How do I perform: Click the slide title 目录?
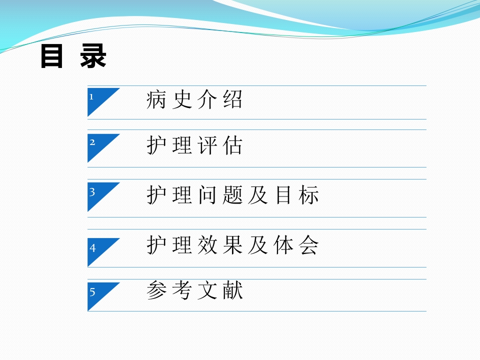point(73,57)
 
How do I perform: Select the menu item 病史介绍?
point(194,100)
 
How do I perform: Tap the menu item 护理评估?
point(194,145)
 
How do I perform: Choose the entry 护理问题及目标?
point(233,195)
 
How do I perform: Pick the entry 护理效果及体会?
point(233,245)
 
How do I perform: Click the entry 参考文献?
point(194,291)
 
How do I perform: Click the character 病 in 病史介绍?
point(156,100)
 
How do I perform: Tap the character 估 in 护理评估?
point(233,145)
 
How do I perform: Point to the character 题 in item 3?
point(233,195)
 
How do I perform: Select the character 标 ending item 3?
point(310,195)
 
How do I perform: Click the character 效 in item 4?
point(207,245)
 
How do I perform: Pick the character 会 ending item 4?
point(310,245)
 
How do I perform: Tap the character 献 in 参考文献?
point(233,291)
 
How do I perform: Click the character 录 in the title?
point(93,57)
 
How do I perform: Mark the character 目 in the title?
point(51,57)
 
